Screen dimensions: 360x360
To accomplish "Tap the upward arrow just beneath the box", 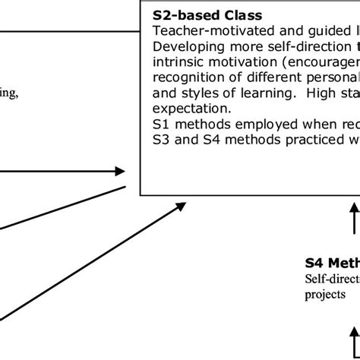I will (x=355, y=216).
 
